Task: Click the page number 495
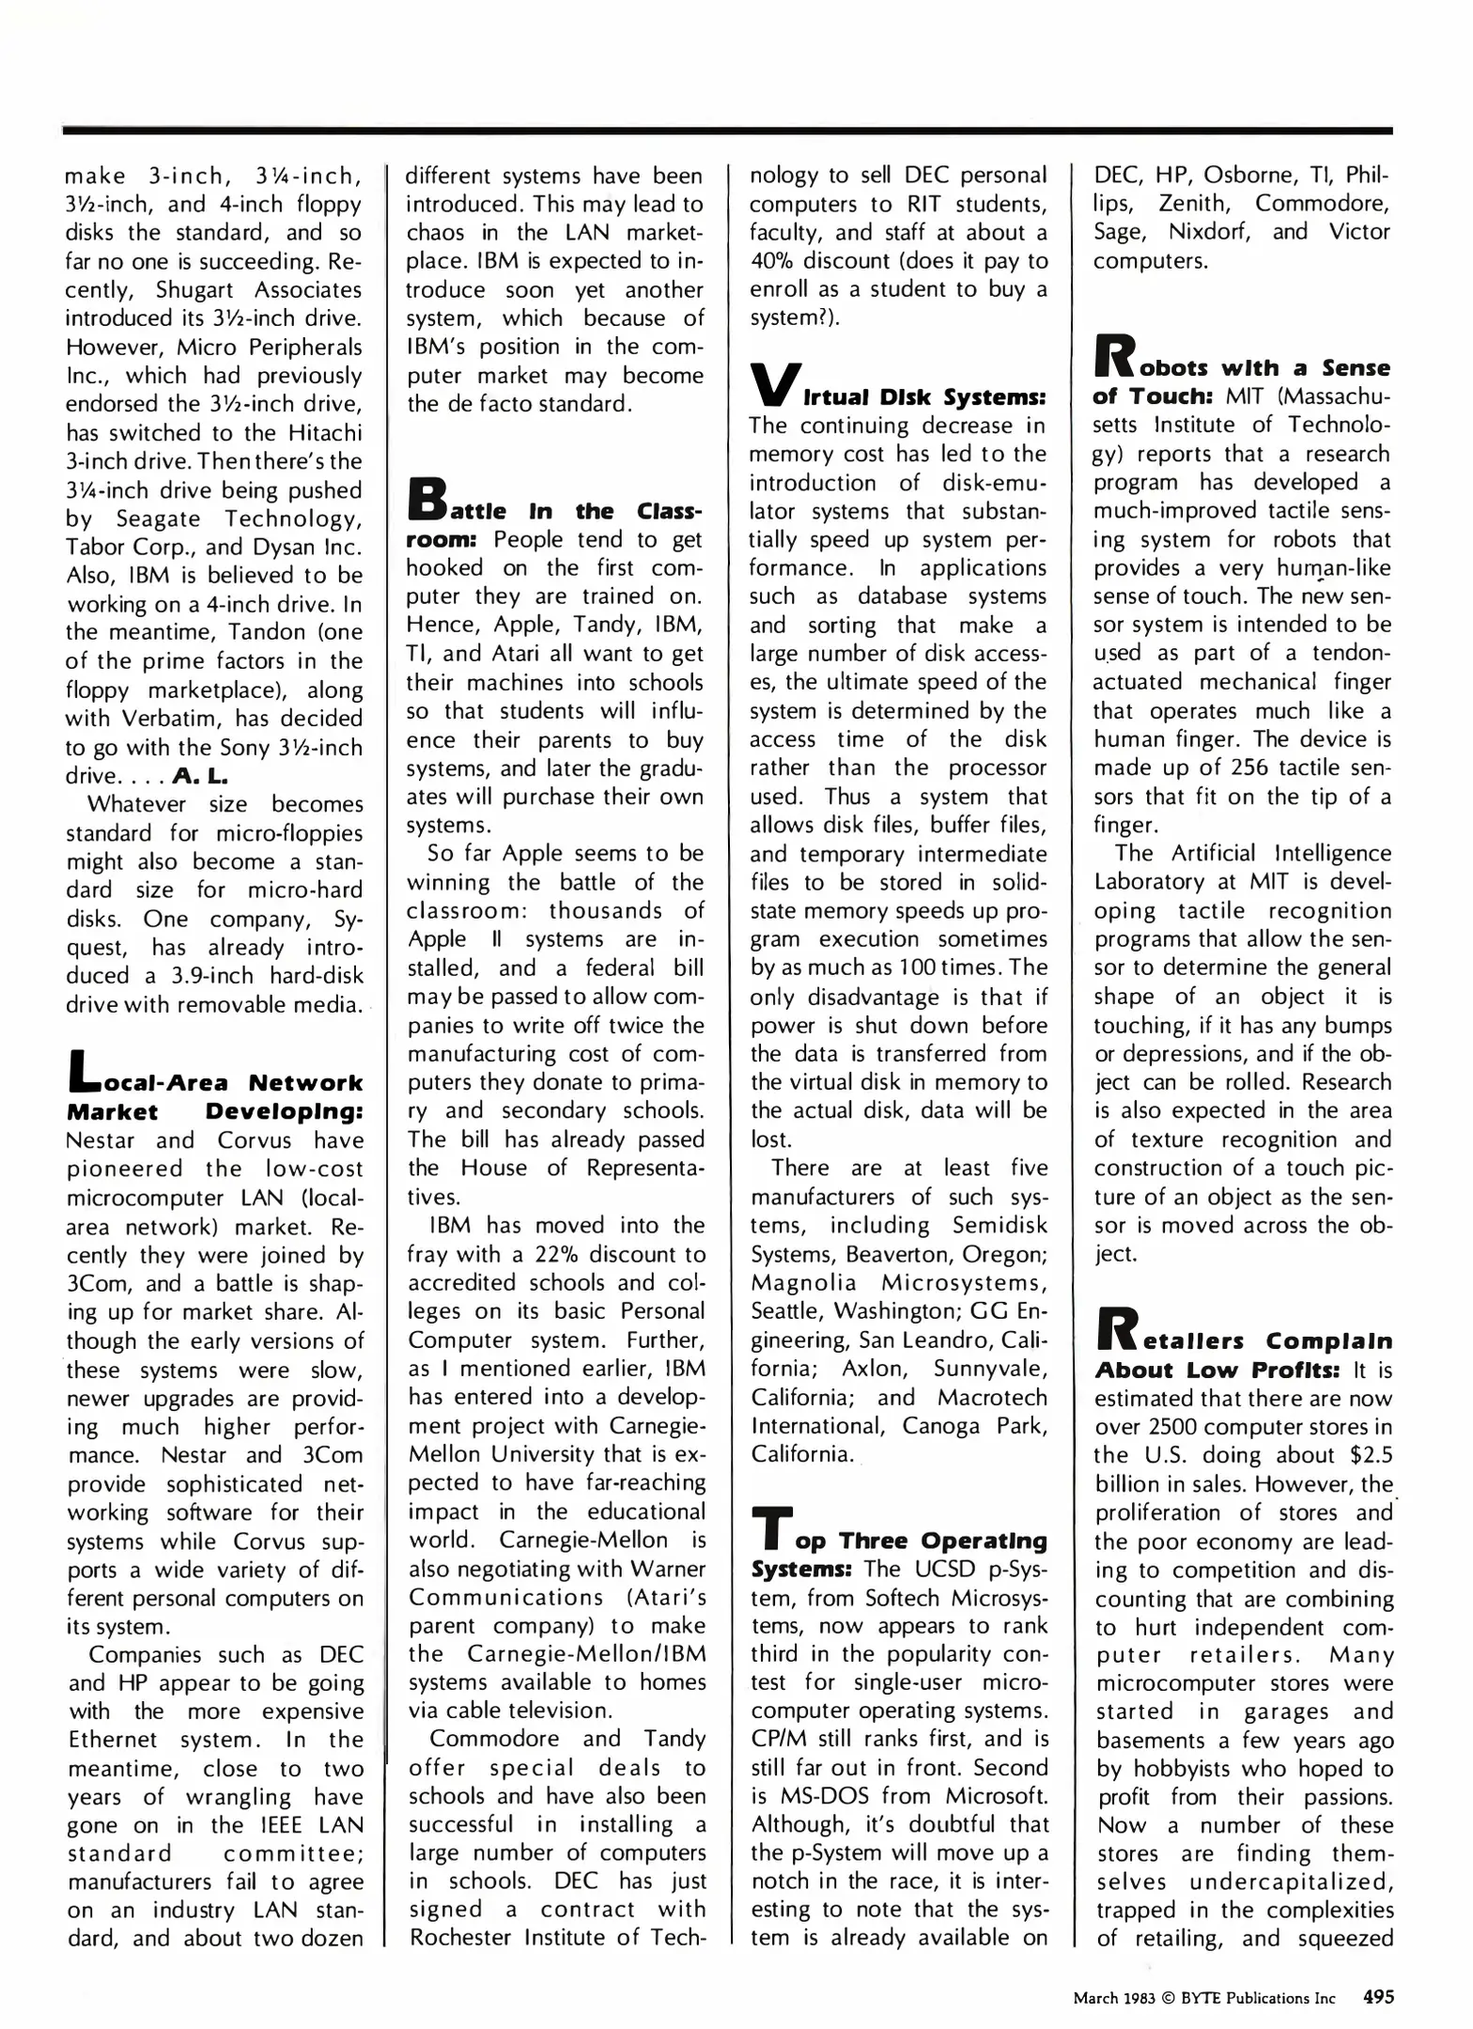(1378, 1997)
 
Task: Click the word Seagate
(158, 519)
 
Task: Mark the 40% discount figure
(775, 261)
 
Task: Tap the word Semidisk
(999, 1226)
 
